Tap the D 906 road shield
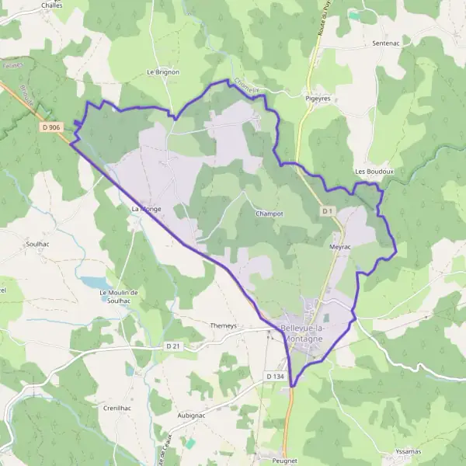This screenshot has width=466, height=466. pos(52,127)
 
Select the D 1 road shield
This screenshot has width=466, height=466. pos(327,211)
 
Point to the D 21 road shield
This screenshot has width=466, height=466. pos(172,346)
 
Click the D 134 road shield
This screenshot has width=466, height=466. pos(275,377)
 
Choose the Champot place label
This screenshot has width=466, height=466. pos(270,213)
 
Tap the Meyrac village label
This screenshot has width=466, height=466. pos(341,246)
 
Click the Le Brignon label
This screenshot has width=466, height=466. pos(163,72)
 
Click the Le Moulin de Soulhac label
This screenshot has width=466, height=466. pos(119,296)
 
